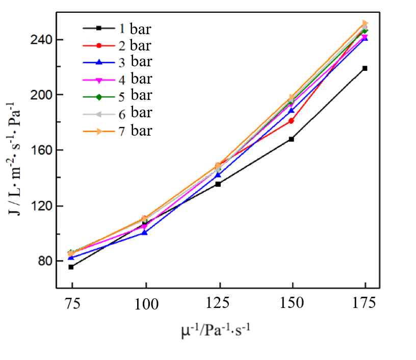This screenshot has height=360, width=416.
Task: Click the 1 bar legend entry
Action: pyautogui.click(x=117, y=28)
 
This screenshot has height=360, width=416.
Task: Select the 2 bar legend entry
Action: pyautogui.click(x=117, y=45)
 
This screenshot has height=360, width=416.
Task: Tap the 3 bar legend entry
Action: pyautogui.click(x=117, y=62)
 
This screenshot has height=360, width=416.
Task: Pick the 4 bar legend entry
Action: pyautogui.click(x=117, y=79)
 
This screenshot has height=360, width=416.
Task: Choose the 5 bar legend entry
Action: pyautogui.click(x=117, y=95)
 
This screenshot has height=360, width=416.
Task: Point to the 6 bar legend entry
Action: pyautogui.click(x=117, y=112)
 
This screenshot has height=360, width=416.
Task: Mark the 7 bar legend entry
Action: pyautogui.click(x=117, y=131)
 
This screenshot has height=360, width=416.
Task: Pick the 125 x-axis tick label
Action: pyautogui.click(x=218, y=304)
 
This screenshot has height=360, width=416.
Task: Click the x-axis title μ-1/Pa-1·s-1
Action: pyautogui.click(x=216, y=332)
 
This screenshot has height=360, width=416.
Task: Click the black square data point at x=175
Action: pyautogui.click(x=365, y=68)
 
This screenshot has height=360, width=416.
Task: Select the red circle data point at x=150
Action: pyautogui.click(x=291, y=121)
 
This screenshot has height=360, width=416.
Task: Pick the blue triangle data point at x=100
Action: pyautogui.click(x=145, y=232)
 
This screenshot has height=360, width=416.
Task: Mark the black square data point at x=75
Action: pyautogui.click(x=71, y=267)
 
